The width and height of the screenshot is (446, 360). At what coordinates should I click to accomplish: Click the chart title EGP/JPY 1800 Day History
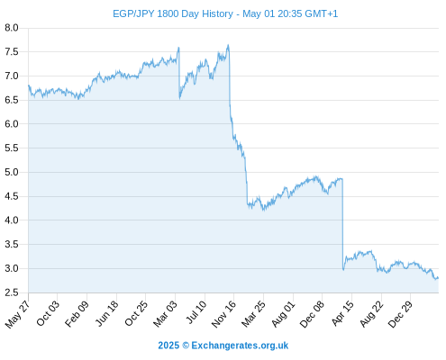[x=173, y=13]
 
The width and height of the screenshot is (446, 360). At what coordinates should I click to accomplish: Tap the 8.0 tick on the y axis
[x=12, y=28]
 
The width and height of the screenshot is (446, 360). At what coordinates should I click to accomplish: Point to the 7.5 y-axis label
[x=12, y=52]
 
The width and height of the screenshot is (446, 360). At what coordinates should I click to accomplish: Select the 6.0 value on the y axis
[x=12, y=124]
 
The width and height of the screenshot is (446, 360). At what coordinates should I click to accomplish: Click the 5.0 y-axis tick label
[x=12, y=172]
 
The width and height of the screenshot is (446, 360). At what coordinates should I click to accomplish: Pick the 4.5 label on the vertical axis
[x=12, y=196]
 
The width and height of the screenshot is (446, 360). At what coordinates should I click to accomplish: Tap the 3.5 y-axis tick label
[x=12, y=244]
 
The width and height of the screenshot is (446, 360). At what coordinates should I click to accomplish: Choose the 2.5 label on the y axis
[x=12, y=292]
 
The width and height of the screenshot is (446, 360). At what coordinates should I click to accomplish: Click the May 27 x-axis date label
[x=18, y=314]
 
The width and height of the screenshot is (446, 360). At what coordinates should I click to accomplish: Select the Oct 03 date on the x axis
[x=48, y=313]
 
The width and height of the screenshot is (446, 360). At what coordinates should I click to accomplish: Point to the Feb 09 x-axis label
[x=77, y=313]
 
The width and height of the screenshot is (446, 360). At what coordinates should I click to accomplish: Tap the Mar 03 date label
[x=166, y=313]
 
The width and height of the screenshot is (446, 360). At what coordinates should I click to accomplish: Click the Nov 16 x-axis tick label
[x=224, y=314]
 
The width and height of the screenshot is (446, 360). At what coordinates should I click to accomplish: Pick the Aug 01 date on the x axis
[x=284, y=313]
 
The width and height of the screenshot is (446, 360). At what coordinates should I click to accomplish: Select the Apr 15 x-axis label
[x=342, y=313]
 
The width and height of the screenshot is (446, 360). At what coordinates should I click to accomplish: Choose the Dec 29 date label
[x=401, y=314]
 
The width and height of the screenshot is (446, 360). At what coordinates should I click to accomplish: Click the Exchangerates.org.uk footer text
[x=240, y=346]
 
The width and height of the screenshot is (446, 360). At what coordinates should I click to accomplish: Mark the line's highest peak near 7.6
[x=228, y=45]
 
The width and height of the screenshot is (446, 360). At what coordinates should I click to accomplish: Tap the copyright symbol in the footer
[x=186, y=346]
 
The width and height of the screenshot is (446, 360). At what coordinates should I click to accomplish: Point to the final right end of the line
[x=438, y=278]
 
